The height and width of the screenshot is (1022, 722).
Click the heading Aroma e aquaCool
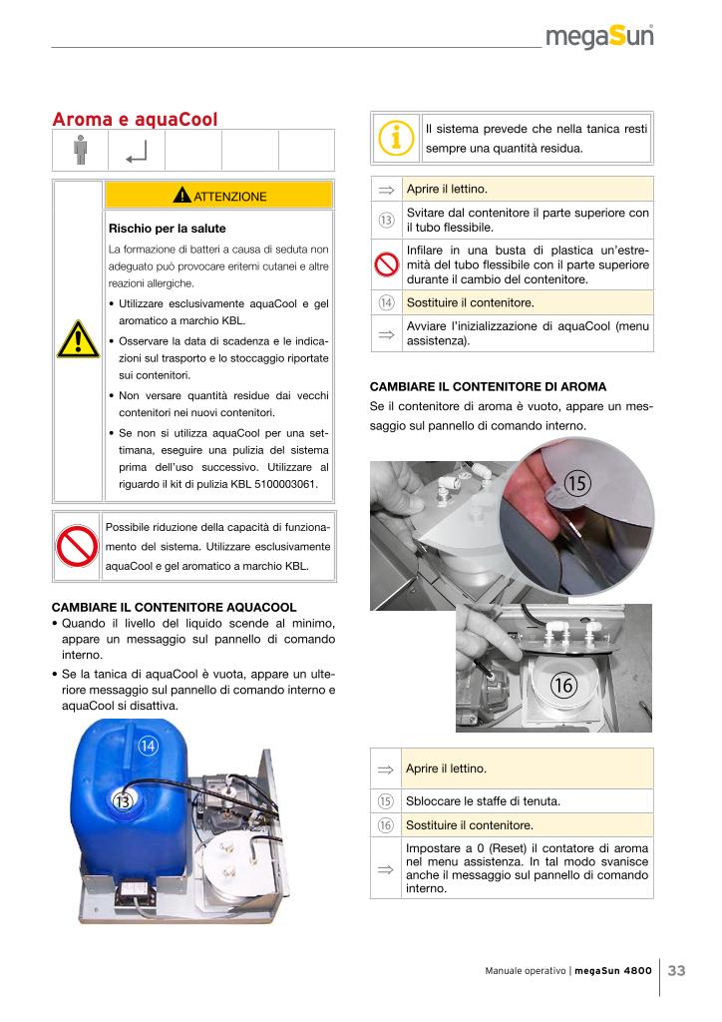[135, 120]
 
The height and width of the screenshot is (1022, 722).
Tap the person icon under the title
[80, 151]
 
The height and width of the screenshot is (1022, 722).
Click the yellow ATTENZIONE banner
[217, 196]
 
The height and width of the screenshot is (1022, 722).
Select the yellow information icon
[396, 139]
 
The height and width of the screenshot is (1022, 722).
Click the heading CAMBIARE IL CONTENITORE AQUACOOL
[175, 606]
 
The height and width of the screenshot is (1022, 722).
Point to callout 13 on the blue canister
[123, 800]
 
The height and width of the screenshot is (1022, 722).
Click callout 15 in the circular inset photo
[577, 483]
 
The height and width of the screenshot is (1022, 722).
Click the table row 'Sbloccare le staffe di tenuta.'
[527, 800]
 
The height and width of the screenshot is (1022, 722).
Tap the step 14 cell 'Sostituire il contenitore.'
[527, 302]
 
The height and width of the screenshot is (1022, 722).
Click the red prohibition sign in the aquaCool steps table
[386, 264]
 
